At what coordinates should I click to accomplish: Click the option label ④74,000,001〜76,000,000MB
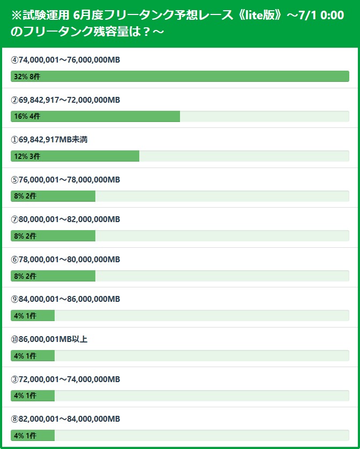click(x=65, y=60)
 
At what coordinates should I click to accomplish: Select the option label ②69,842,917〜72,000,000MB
click(x=65, y=100)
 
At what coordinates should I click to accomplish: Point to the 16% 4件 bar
click(x=95, y=116)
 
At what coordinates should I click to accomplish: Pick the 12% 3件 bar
click(x=75, y=156)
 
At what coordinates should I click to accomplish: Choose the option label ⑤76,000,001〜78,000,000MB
click(x=65, y=180)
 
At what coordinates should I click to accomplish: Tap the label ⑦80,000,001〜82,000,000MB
click(x=65, y=219)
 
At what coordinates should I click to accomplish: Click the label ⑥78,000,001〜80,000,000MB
click(x=65, y=260)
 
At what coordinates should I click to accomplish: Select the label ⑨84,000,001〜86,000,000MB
click(x=65, y=299)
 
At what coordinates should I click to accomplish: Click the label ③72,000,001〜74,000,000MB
click(x=65, y=379)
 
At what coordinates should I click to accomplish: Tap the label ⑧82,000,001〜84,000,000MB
click(x=65, y=418)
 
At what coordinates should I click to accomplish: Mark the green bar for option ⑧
click(x=33, y=436)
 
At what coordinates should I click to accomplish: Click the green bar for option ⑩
click(x=33, y=356)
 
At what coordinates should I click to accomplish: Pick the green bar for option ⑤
click(x=53, y=196)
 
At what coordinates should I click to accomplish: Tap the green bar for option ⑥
click(x=53, y=276)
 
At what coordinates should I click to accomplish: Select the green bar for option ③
click(x=33, y=395)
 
